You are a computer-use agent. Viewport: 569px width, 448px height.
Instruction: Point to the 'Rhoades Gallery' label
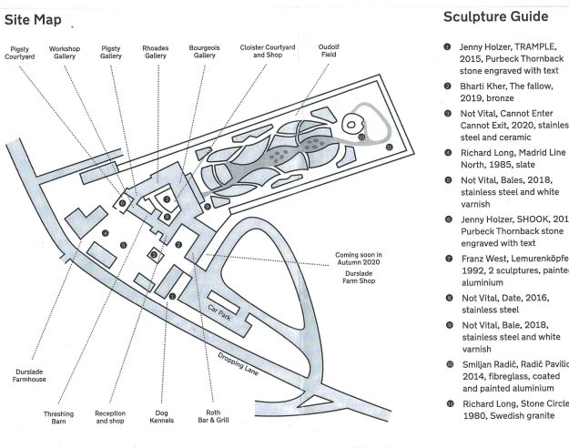click(156, 52)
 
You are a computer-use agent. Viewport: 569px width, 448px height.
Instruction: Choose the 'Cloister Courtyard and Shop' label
click(264, 52)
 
